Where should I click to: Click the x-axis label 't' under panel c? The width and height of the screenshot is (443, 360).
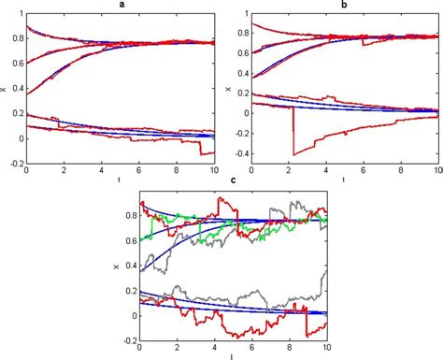click(233, 355)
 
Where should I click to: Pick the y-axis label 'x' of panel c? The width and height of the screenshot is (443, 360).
click(117, 266)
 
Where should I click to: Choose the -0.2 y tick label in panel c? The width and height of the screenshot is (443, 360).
click(127, 336)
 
